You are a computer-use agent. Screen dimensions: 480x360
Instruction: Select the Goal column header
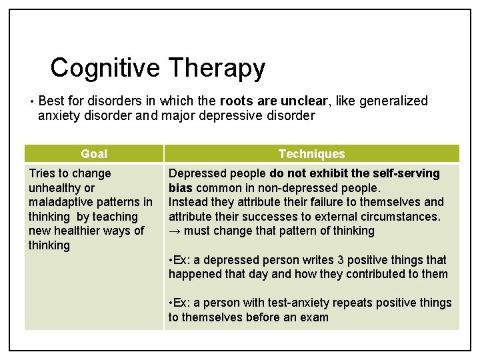click(94, 154)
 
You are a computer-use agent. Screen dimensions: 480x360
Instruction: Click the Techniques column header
click(311, 154)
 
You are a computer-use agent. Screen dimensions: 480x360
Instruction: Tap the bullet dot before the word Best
click(32, 102)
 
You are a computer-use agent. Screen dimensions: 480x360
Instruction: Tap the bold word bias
click(180, 188)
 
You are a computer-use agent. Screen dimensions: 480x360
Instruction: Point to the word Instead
click(188, 202)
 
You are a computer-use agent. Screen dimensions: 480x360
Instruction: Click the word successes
click(270, 217)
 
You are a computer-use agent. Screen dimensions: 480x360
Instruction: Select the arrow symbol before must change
click(175, 231)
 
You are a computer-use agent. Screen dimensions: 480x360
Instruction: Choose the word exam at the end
click(315, 317)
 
